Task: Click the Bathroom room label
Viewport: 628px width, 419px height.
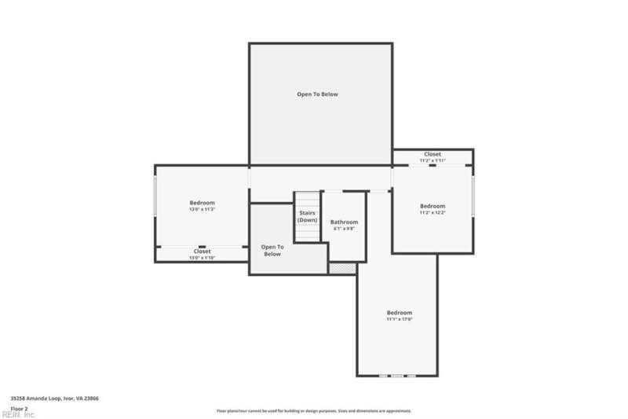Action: click(x=344, y=222)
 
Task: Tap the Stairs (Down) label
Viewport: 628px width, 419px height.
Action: click(x=308, y=216)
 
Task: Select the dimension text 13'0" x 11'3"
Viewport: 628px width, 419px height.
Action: click(x=202, y=210)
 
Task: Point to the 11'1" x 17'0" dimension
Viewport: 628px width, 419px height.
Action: click(x=399, y=319)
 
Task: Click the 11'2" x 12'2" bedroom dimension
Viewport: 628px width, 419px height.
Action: click(x=432, y=212)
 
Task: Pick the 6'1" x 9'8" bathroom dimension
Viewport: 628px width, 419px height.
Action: click(x=344, y=229)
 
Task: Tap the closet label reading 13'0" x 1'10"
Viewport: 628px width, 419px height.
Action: click(x=202, y=258)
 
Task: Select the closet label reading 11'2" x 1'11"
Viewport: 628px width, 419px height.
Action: click(x=432, y=160)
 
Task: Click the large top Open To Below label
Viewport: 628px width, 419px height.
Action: click(x=317, y=94)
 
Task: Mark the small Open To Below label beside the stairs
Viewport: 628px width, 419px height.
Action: click(x=272, y=250)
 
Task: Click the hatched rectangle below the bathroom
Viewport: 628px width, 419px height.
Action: click(x=342, y=269)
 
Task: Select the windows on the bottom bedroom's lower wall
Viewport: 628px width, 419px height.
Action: click(x=396, y=375)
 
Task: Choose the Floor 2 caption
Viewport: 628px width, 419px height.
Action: click(x=19, y=409)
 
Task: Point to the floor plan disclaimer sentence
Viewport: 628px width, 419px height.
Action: click(x=314, y=410)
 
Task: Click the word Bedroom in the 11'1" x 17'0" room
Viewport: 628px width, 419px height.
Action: click(x=399, y=313)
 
